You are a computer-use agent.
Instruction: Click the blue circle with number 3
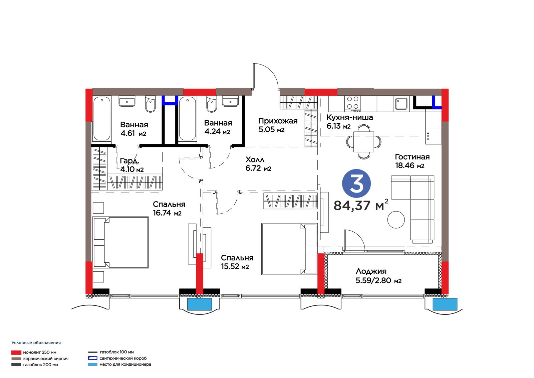tap(356, 183)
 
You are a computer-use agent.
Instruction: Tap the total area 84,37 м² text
tap(361, 205)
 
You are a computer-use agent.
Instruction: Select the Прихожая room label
tap(278, 121)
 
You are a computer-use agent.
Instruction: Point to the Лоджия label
tap(371, 271)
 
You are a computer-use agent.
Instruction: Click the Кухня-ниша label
tap(349, 117)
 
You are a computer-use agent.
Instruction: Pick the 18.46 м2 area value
tap(410, 165)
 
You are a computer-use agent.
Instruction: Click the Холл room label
tap(255, 159)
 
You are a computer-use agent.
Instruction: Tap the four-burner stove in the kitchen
tap(352, 104)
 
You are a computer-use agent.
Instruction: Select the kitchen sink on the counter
tap(401, 104)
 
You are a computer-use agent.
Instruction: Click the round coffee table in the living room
tap(396, 220)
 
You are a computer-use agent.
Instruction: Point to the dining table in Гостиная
tap(363, 142)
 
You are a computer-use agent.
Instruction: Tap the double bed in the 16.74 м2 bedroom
tap(120, 242)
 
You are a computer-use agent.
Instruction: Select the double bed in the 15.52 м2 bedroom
tap(289, 249)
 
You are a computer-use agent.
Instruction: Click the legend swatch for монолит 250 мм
tap(16, 353)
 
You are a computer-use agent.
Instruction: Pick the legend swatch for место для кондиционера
tap(93, 364)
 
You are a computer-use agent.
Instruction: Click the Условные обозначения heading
tap(36, 343)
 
